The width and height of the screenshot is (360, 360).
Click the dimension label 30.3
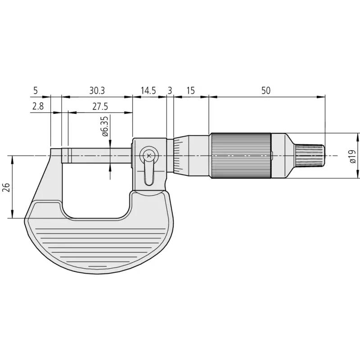click(97, 91)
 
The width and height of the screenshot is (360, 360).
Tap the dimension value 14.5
click(148, 91)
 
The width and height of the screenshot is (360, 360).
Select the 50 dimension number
click(266, 91)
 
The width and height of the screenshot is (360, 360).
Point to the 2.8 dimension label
click(38, 107)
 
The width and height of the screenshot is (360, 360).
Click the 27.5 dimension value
click(100, 107)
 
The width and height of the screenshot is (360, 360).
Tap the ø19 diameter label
click(353, 156)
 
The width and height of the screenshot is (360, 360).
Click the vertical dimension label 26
click(6, 188)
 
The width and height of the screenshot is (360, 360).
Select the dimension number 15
click(190, 91)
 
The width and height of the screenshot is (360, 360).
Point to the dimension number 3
click(170, 91)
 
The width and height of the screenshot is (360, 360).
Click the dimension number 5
click(36, 91)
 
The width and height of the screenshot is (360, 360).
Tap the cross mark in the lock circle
click(149, 156)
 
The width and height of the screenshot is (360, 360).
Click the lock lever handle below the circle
click(149, 173)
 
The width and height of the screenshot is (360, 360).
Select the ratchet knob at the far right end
click(310, 156)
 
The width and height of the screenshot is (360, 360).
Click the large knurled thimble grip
click(241, 156)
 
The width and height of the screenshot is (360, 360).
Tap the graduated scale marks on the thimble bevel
click(177, 156)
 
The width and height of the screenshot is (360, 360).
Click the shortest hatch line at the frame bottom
click(98, 266)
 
